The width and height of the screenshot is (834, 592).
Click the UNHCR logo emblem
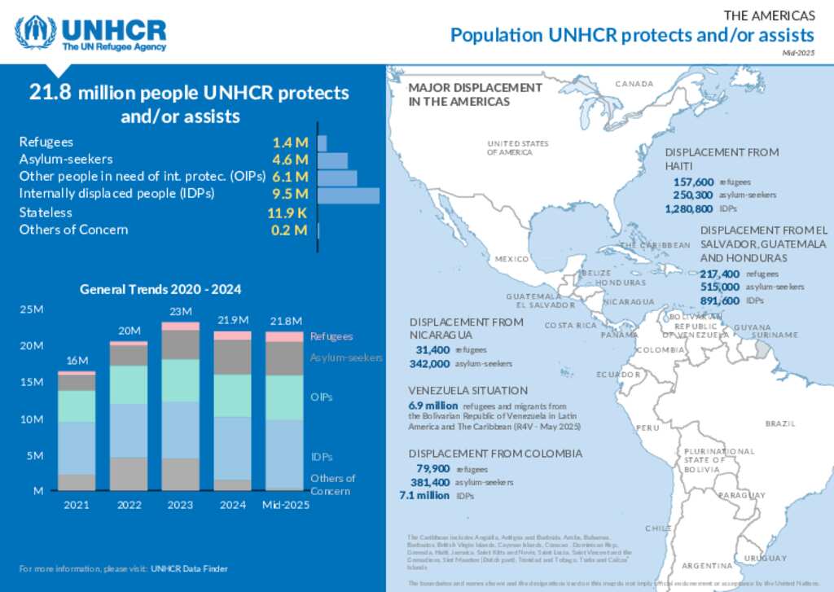[35, 33]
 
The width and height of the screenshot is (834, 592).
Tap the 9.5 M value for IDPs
[291, 194]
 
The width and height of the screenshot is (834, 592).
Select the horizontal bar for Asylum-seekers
[332, 160]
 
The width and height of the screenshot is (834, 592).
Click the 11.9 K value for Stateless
[288, 213]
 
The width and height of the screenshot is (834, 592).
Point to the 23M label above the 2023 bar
[180, 312]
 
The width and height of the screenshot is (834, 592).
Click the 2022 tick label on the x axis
[129, 505]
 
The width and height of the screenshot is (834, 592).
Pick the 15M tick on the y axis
[32, 383]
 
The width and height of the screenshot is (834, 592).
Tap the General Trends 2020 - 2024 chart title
[160, 289]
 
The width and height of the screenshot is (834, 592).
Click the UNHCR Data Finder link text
[189, 568]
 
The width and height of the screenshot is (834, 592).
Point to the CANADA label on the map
[634, 85]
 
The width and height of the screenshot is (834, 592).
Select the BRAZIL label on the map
[779, 423]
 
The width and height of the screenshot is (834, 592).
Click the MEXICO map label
[512, 259]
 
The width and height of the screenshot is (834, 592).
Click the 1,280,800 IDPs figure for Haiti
[689, 209]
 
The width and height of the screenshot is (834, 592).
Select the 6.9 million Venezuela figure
[432, 406]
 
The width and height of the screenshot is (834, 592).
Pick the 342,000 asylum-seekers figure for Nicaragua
[430, 363]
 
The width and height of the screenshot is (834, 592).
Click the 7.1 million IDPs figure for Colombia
[424, 495]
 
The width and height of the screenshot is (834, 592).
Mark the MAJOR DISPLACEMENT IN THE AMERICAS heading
[475, 94]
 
